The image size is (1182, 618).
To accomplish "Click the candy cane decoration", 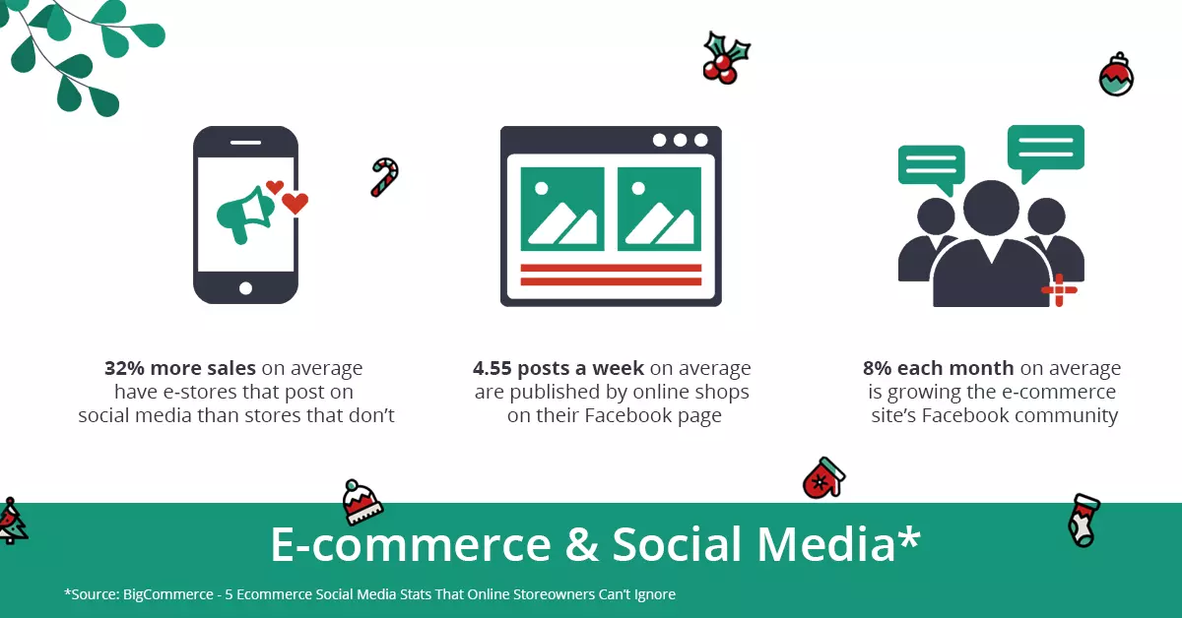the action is [x=386, y=176].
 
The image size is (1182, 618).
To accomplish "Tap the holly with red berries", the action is [x=726, y=58].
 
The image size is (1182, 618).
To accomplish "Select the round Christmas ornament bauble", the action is [x=1116, y=75].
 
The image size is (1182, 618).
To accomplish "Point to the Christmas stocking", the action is [x=1083, y=520].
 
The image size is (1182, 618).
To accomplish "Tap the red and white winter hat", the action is [x=361, y=502].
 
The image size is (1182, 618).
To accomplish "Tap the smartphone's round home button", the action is [x=245, y=288].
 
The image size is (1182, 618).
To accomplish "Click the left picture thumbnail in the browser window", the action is [x=562, y=209].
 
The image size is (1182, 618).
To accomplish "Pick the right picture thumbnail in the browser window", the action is [x=659, y=209].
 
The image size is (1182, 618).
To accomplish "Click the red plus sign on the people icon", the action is [x=1059, y=290].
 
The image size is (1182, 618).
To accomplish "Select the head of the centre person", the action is [x=992, y=208].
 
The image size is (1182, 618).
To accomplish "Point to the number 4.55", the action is [x=492, y=368].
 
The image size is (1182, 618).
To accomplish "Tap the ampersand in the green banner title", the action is [x=581, y=544].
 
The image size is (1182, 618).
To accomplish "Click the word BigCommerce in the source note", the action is [x=167, y=594].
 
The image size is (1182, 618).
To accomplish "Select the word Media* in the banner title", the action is [x=839, y=543].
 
